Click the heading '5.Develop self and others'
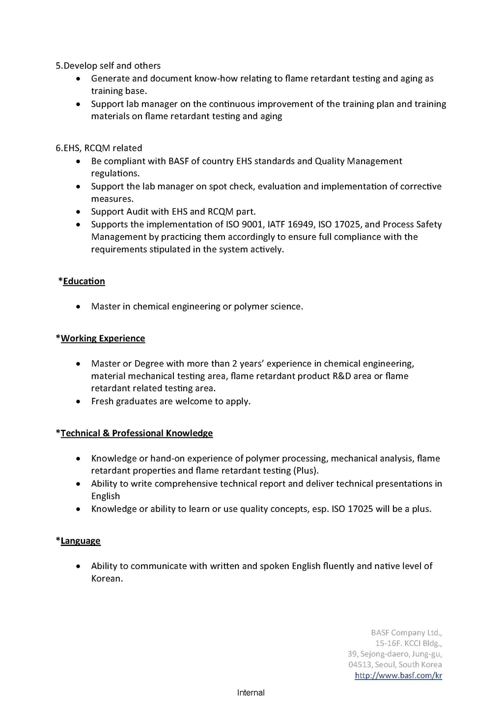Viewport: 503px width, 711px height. [x=108, y=66]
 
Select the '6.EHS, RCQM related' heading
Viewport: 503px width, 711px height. [x=99, y=148]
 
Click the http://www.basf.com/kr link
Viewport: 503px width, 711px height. [x=398, y=676]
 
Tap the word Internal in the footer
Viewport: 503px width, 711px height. [x=251, y=693]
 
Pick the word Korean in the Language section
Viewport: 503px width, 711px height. [x=107, y=579]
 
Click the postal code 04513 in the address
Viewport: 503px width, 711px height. [x=360, y=665]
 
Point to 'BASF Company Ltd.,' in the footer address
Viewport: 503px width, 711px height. [x=406, y=633]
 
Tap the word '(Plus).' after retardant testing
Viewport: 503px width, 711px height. [x=306, y=471]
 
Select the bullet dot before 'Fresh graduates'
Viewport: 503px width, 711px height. [x=79, y=402]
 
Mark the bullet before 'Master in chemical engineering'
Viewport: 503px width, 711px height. [x=79, y=307]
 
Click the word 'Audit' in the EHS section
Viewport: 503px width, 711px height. [x=137, y=212]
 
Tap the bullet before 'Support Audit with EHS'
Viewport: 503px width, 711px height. [x=79, y=212]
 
